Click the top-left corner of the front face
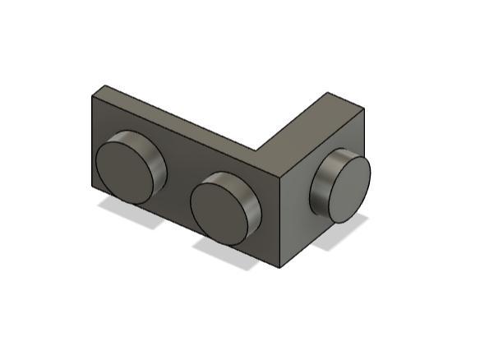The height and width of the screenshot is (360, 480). (91, 95)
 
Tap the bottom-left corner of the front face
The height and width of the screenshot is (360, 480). (91, 188)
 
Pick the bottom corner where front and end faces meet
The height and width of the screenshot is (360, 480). (281, 268)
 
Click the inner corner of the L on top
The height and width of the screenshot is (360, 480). (256, 150)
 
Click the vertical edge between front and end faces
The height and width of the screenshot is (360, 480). (281, 222)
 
